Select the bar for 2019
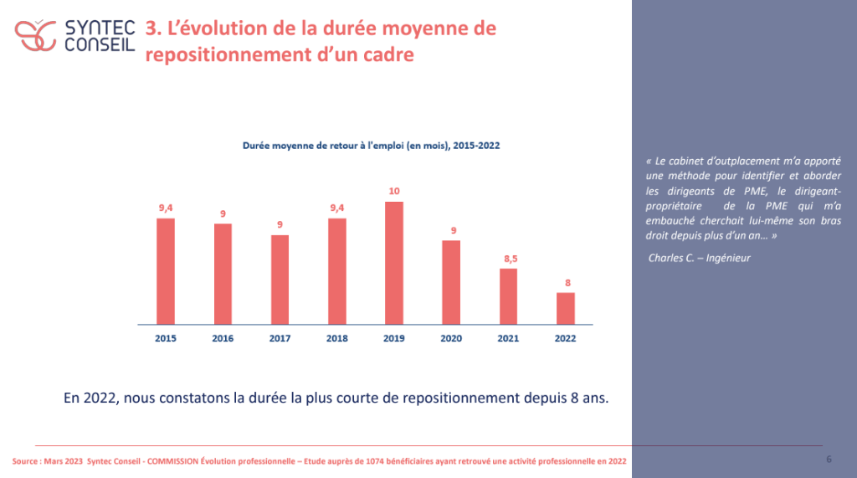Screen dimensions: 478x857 point(394,262)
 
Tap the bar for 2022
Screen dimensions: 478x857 point(566,307)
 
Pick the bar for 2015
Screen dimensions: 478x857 point(166,270)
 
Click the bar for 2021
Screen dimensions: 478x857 point(509,296)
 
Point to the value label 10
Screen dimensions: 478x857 point(394,192)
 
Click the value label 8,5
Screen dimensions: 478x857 point(509,259)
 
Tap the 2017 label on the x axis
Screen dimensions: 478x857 point(280,338)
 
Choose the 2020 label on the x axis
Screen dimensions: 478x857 point(451,338)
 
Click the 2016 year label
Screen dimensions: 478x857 point(223,338)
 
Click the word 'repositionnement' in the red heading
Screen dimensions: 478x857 point(213,54)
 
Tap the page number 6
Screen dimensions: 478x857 point(829,459)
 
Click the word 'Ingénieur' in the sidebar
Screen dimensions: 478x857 point(729,258)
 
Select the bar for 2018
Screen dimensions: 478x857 point(337,270)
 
